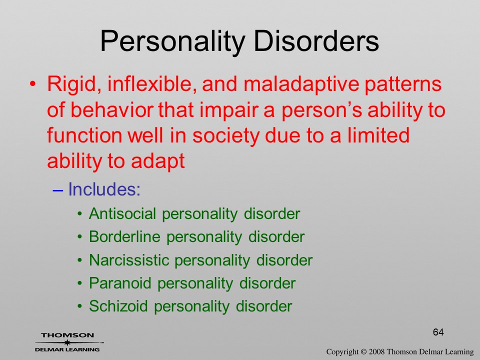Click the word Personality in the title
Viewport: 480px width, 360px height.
click(172, 41)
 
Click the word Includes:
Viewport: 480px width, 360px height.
click(104, 189)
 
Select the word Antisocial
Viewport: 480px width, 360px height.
click(122, 213)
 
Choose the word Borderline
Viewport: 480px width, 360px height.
click(124, 236)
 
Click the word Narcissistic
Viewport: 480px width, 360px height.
click(129, 260)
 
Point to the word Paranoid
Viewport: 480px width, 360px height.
click(120, 283)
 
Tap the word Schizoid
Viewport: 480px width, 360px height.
click(118, 306)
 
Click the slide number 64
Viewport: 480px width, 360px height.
click(438, 332)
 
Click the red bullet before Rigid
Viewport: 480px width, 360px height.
click(33, 83)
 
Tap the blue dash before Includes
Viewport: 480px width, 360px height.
click(57, 190)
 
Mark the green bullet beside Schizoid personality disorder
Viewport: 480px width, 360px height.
click(80, 306)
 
